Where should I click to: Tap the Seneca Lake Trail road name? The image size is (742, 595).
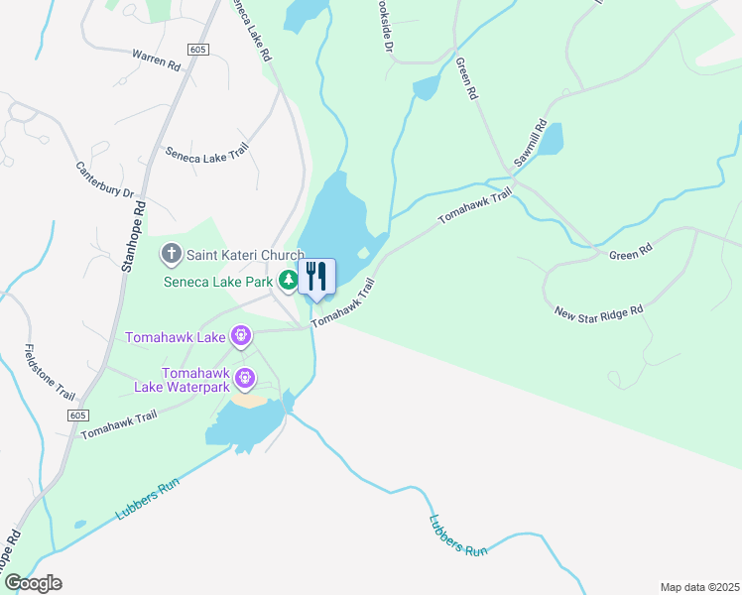click(x=206, y=151)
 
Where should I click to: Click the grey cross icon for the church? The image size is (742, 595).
click(x=171, y=255)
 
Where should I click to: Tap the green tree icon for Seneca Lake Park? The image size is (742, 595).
click(x=288, y=282)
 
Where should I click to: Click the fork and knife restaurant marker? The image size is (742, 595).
click(x=316, y=276)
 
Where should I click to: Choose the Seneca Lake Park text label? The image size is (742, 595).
click(x=217, y=282)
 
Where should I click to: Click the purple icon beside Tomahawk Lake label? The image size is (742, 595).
click(x=241, y=337)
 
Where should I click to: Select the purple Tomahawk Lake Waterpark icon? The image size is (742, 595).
click(x=244, y=379)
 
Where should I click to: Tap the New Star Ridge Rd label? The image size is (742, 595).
click(x=600, y=311)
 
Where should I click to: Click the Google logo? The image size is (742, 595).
click(x=32, y=582)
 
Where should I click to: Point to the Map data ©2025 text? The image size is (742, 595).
click(x=699, y=586)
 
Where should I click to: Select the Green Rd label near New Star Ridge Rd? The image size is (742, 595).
click(x=630, y=254)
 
